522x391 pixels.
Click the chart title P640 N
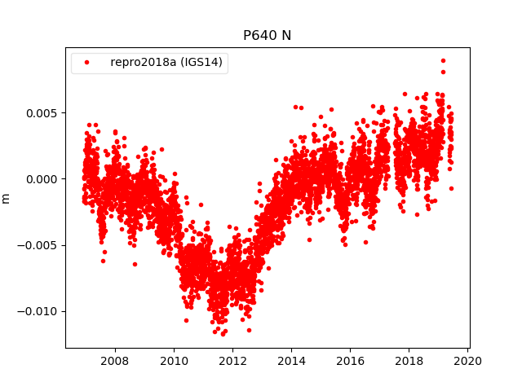tap(267, 35)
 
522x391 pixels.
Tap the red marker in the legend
tap(87, 63)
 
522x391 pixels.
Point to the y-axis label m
tap(7, 198)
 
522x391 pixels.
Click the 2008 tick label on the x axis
tap(114, 360)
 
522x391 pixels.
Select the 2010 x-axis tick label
tap(174, 360)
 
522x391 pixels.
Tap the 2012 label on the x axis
tap(232, 360)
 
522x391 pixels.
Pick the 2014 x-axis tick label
tap(291, 360)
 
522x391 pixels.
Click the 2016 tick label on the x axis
tap(350, 360)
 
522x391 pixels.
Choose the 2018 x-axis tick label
tap(409, 360)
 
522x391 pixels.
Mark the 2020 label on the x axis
tap(467, 360)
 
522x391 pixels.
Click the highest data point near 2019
tap(443, 60)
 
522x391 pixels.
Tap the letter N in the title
tap(286, 35)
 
